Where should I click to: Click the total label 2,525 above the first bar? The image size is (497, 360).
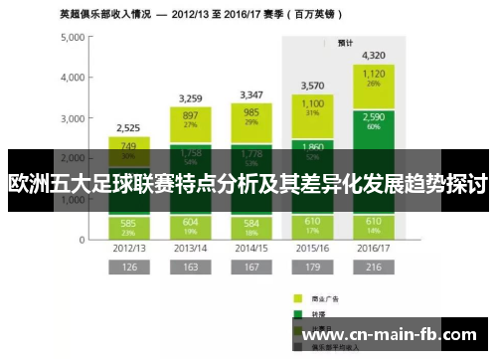point(128,128)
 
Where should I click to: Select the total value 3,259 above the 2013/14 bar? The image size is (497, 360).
point(190,98)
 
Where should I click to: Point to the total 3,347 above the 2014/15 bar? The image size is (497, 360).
point(250,95)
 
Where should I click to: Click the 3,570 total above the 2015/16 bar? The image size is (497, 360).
point(312,86)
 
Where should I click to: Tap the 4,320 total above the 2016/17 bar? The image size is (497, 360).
point(374,56)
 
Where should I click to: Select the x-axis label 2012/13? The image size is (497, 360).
point(128,247)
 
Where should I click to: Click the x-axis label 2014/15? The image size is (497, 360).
point(250,247)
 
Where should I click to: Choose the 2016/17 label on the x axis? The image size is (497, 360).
point(374,247)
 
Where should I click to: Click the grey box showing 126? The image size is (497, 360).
point(128,267)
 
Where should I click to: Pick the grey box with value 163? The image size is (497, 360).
point(190,267)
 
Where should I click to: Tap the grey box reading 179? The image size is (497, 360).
point(312,267)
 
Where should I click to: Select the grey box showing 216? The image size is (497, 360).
point(374,267)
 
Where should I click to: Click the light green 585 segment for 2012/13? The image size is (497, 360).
point(128,227)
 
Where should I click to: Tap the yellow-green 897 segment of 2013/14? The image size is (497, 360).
point(190,118)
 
